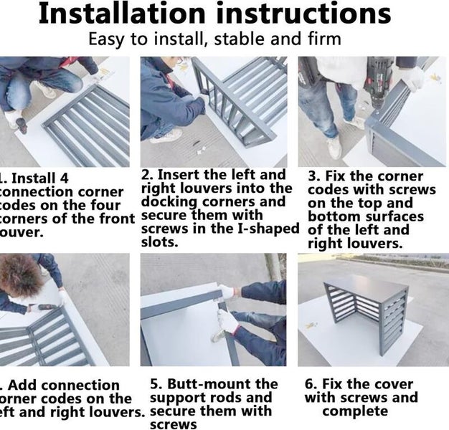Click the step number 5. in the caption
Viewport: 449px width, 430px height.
[157, 385]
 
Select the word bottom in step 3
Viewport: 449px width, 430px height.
[335, 216]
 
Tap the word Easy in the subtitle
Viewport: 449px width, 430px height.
[105, 39]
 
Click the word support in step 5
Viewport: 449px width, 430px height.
[176, 398]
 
